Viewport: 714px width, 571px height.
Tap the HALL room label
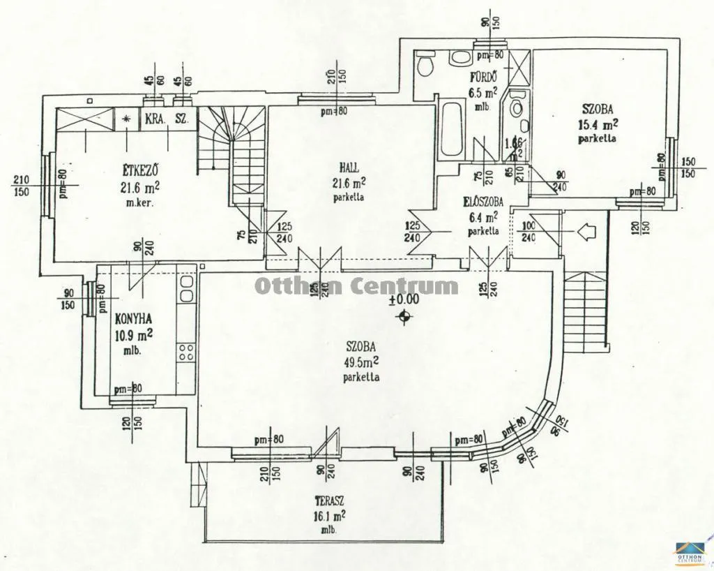(x=349, y=168)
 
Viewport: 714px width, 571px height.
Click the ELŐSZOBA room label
(x=483, y=202)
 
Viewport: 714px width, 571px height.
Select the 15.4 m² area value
(x=598, y=125)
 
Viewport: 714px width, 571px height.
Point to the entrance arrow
(x=587, y=230)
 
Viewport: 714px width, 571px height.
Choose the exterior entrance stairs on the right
(x=586, y=311)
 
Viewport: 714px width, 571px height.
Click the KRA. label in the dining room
(x=155, y=119)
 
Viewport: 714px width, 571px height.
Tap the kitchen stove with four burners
(x=186, y=351)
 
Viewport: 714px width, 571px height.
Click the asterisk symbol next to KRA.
(x=126, y=119)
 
